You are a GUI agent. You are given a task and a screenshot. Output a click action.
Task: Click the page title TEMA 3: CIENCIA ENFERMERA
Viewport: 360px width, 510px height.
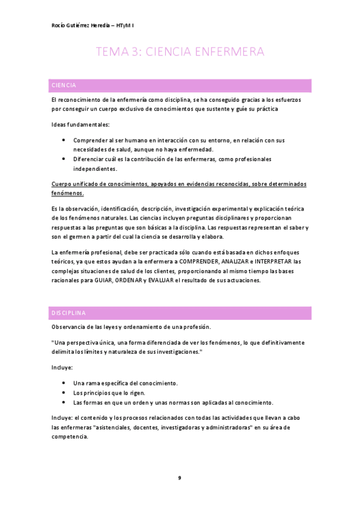180,53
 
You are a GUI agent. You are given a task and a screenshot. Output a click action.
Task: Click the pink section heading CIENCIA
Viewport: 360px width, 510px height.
64,85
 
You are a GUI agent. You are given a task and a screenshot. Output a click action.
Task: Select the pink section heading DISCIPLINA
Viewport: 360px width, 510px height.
69,313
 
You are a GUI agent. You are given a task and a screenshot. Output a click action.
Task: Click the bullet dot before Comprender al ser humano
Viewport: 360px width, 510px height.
64,140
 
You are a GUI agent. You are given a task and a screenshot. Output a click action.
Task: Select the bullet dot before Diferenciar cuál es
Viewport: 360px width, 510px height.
64,159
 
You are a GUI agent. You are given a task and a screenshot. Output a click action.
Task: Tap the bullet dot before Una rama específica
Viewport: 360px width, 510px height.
64,383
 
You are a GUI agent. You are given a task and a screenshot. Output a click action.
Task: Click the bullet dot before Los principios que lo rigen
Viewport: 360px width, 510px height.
64,392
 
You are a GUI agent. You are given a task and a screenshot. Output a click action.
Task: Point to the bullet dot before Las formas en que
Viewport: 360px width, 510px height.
64,402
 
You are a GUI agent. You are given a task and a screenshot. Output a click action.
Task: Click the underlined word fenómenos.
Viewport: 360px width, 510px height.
68,193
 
